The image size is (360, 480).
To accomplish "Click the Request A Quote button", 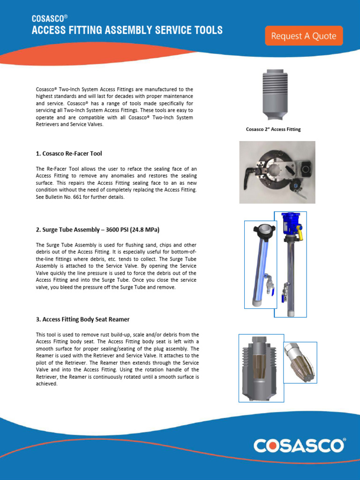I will point(304,36).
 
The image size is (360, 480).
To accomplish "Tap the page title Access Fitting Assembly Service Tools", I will point(127,31).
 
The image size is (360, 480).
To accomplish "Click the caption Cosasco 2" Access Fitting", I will point(273,129).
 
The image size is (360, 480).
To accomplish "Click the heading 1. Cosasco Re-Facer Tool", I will point(69,154).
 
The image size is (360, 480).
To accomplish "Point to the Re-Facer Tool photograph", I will point(277,172).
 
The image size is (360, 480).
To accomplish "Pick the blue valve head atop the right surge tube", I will point(290,224).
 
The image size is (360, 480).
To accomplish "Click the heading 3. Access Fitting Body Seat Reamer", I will point(82,319).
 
